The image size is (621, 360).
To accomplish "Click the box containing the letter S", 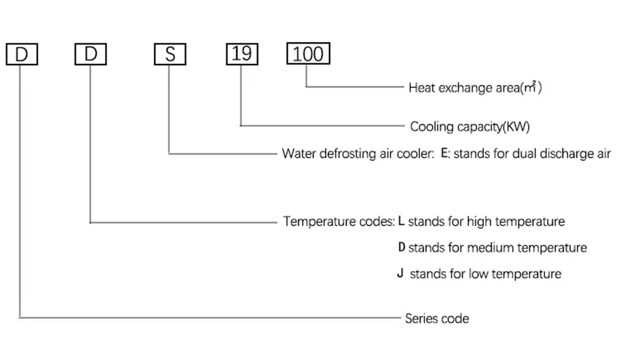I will [170, 54].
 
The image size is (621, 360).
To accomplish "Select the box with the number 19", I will [241, 54].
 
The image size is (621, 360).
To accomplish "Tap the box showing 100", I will [308, 54].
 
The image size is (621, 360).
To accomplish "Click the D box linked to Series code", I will [21, 54].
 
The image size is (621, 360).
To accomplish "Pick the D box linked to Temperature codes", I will [91, 54].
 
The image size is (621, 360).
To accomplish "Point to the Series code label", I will [437, 318].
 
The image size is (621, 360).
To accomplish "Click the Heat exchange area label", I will [475, 87].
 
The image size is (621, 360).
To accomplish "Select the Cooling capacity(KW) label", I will [470, 127].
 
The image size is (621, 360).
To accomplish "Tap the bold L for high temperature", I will [402, 221].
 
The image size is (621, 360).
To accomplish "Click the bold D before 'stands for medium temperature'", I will [402, 248].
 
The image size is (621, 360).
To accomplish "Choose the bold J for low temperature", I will [400, 273].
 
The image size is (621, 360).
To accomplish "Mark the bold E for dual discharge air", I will [444, 154].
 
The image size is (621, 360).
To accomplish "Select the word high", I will [479, 222].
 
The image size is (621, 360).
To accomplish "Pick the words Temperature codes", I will [338, 222].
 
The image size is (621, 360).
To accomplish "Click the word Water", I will [298, 154].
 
